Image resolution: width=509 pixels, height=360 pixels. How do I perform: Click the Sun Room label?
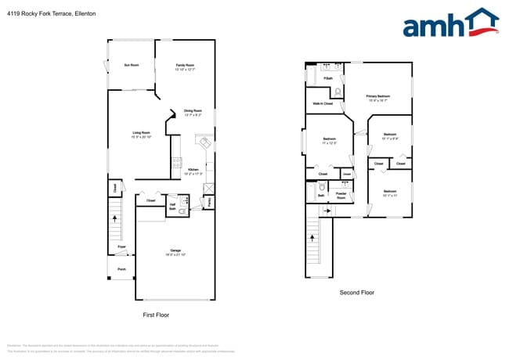[131, 65]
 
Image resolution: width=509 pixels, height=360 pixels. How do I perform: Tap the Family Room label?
[185, 65]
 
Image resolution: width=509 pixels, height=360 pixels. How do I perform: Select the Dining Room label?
[193, 110]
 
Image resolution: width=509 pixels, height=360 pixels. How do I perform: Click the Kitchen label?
[194, 169]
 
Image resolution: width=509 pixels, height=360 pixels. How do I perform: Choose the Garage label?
[175, 250]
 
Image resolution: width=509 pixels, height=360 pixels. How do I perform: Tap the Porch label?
[121, 270]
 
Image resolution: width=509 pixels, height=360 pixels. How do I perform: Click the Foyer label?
[121, 247]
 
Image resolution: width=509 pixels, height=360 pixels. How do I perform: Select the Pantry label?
[209, 201]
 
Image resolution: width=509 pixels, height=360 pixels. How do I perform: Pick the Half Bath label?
[172, 207]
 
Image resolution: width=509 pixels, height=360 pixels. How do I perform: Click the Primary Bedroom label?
[377, 97]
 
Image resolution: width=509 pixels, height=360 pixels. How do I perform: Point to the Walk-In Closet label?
[323, 103]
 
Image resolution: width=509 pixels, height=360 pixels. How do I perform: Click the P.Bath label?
[328, 78]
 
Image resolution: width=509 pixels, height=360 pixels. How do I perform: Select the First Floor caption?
[156, 315]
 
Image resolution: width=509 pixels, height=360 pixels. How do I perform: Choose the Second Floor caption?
[357, 293]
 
